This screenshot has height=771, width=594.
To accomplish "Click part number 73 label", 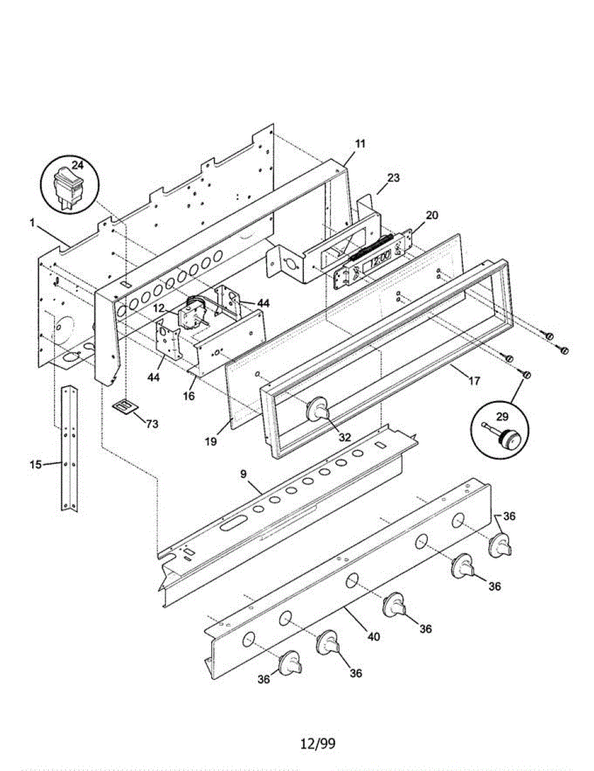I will click(152, 424).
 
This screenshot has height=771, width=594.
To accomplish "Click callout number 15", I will click(36, 463).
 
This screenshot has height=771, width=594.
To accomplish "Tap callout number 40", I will click(373, 637).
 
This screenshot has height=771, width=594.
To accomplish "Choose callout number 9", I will click(243, 474).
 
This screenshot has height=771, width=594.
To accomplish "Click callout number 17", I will click(474, 381).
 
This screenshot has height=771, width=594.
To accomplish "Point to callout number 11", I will click(360, 144).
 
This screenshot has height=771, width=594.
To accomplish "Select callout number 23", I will click(393, 178).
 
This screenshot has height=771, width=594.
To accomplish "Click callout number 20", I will click(432, 215).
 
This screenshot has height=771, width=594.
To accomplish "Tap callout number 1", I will click(31, 222).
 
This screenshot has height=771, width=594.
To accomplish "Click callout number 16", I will click(188, 396).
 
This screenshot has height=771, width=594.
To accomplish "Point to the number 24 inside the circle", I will click(77, 165).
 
